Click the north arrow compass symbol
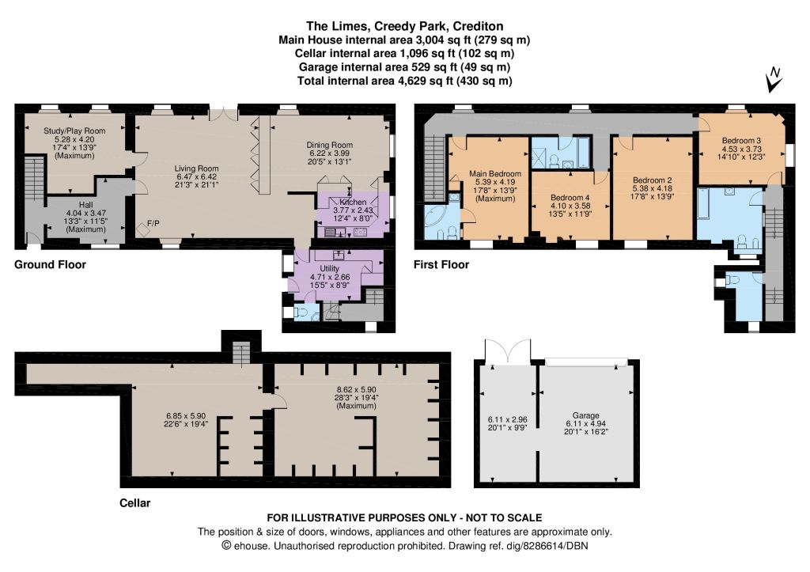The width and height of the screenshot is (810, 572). point(774,80)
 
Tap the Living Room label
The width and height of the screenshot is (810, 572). point(196,169)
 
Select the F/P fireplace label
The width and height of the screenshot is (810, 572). point(153,223)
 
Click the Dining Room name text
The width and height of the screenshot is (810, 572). point(330,146)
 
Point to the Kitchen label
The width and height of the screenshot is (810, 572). point(353,202)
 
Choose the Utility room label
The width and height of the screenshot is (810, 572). point(330,269)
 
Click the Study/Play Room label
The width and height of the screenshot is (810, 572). point(74,131)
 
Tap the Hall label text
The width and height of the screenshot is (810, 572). point(86,205)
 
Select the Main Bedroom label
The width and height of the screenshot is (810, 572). point(495,174)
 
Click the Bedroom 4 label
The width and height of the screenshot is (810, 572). point(570,197)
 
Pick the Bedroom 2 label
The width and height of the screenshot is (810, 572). point(653,180)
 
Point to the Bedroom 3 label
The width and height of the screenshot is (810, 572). point(741,141)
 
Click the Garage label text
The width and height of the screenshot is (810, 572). point(586,415)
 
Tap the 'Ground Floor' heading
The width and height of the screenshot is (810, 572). point(50,264)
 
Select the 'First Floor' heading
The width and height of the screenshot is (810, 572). point(441,264)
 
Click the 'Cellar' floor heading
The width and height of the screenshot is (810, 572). point(134,502)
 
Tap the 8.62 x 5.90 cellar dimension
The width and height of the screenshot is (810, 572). point(357,389)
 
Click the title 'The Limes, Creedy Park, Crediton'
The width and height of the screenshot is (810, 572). point(404,26)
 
